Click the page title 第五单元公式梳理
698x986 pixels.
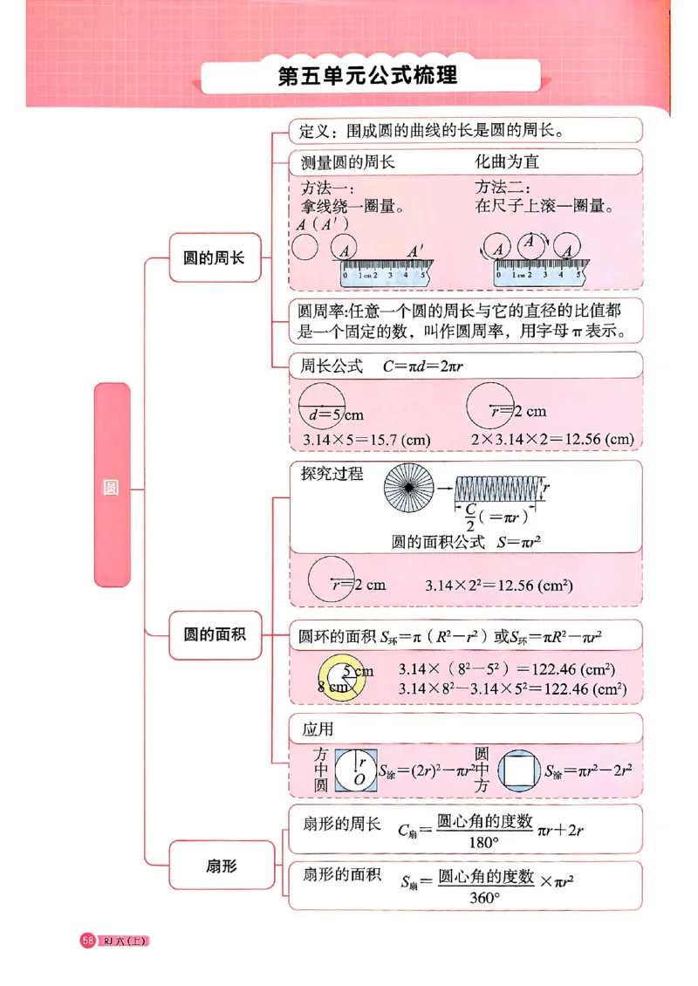pyautogui.click(x=367, y=76)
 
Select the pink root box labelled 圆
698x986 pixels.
pyautogui.click(x=112, y=485)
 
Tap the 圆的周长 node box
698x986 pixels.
pyautogui.click(x=215, y=257)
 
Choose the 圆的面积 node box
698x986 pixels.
pyautogui.click(x=215, y=634)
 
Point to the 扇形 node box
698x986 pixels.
pyautogui.click(x=222, y=866)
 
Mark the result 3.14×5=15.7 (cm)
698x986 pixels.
pyautogui.click(x=366, y=440)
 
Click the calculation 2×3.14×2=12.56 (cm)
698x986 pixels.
pyautogui.click(x=552, y=440)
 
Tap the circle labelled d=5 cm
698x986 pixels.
pyautogui.click(x=322, y=407)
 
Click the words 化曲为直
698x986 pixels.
pyautogui.click(x=507, y=162)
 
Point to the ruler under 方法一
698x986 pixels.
pyautogui.click(x=385, y=273)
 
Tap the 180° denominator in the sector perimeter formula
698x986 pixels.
pyautogui.click(x=483, y=844)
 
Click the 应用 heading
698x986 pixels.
pyautogui.click(x=318, y=729)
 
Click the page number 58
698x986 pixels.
pyautogui.click(x=88, y=940)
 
